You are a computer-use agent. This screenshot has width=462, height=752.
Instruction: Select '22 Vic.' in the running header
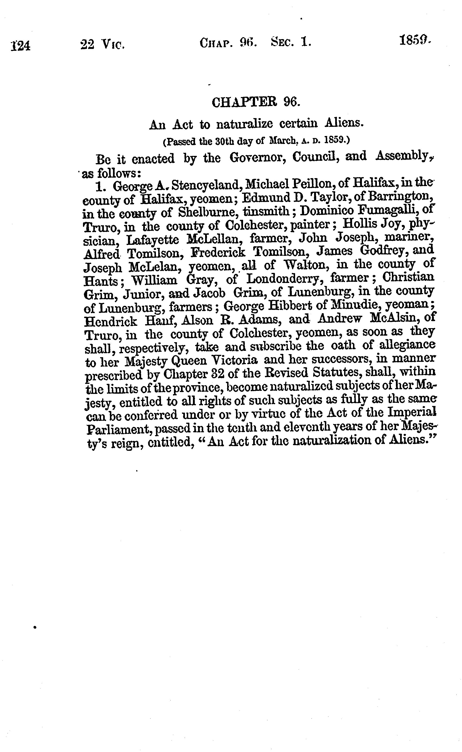(x=103, y=45)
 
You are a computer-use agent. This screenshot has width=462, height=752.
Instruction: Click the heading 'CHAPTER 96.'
(x=256, y=102)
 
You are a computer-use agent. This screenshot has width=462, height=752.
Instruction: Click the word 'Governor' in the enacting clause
(x=258, y=158)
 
